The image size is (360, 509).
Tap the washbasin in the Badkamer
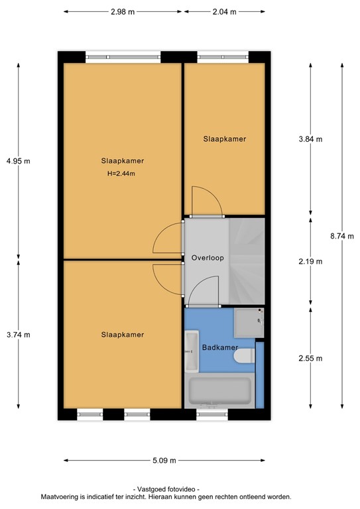pyautogui.click(x=191, y=352)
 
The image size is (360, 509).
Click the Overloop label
pyautogui.click(x=206, y=258)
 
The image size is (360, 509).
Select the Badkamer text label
pyautogui.click(x=215, y=346)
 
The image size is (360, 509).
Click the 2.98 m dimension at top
pyautogui.click(x=123, y=12)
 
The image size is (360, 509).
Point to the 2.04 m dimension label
pyautogui.click(x=224, y=12)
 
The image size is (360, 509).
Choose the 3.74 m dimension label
pyautogui.click(x=18, y=335)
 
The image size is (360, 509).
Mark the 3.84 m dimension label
pyautogui.click(x=310, y=139)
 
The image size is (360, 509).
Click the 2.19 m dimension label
pyautogui.click(x=310, y=261)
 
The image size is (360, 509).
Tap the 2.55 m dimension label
pyautogui.click(x=310, y=359)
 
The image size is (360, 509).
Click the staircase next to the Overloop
pyautogui.click(x=247, y=262)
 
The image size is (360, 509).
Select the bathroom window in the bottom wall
pyautogui.click(x=213, y=415)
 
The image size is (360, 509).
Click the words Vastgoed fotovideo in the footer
pyautogui.click(x=165, y=488)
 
